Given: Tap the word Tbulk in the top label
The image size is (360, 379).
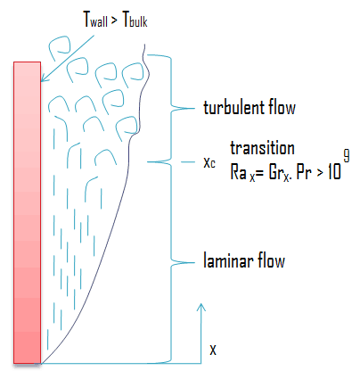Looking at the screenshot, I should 129,18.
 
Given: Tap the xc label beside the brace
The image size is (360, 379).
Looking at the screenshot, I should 209,164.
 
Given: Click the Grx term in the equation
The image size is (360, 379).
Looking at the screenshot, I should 274,170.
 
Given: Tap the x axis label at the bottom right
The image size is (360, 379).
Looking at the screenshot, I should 212,350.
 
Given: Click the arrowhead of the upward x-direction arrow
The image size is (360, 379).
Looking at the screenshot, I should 202,308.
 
